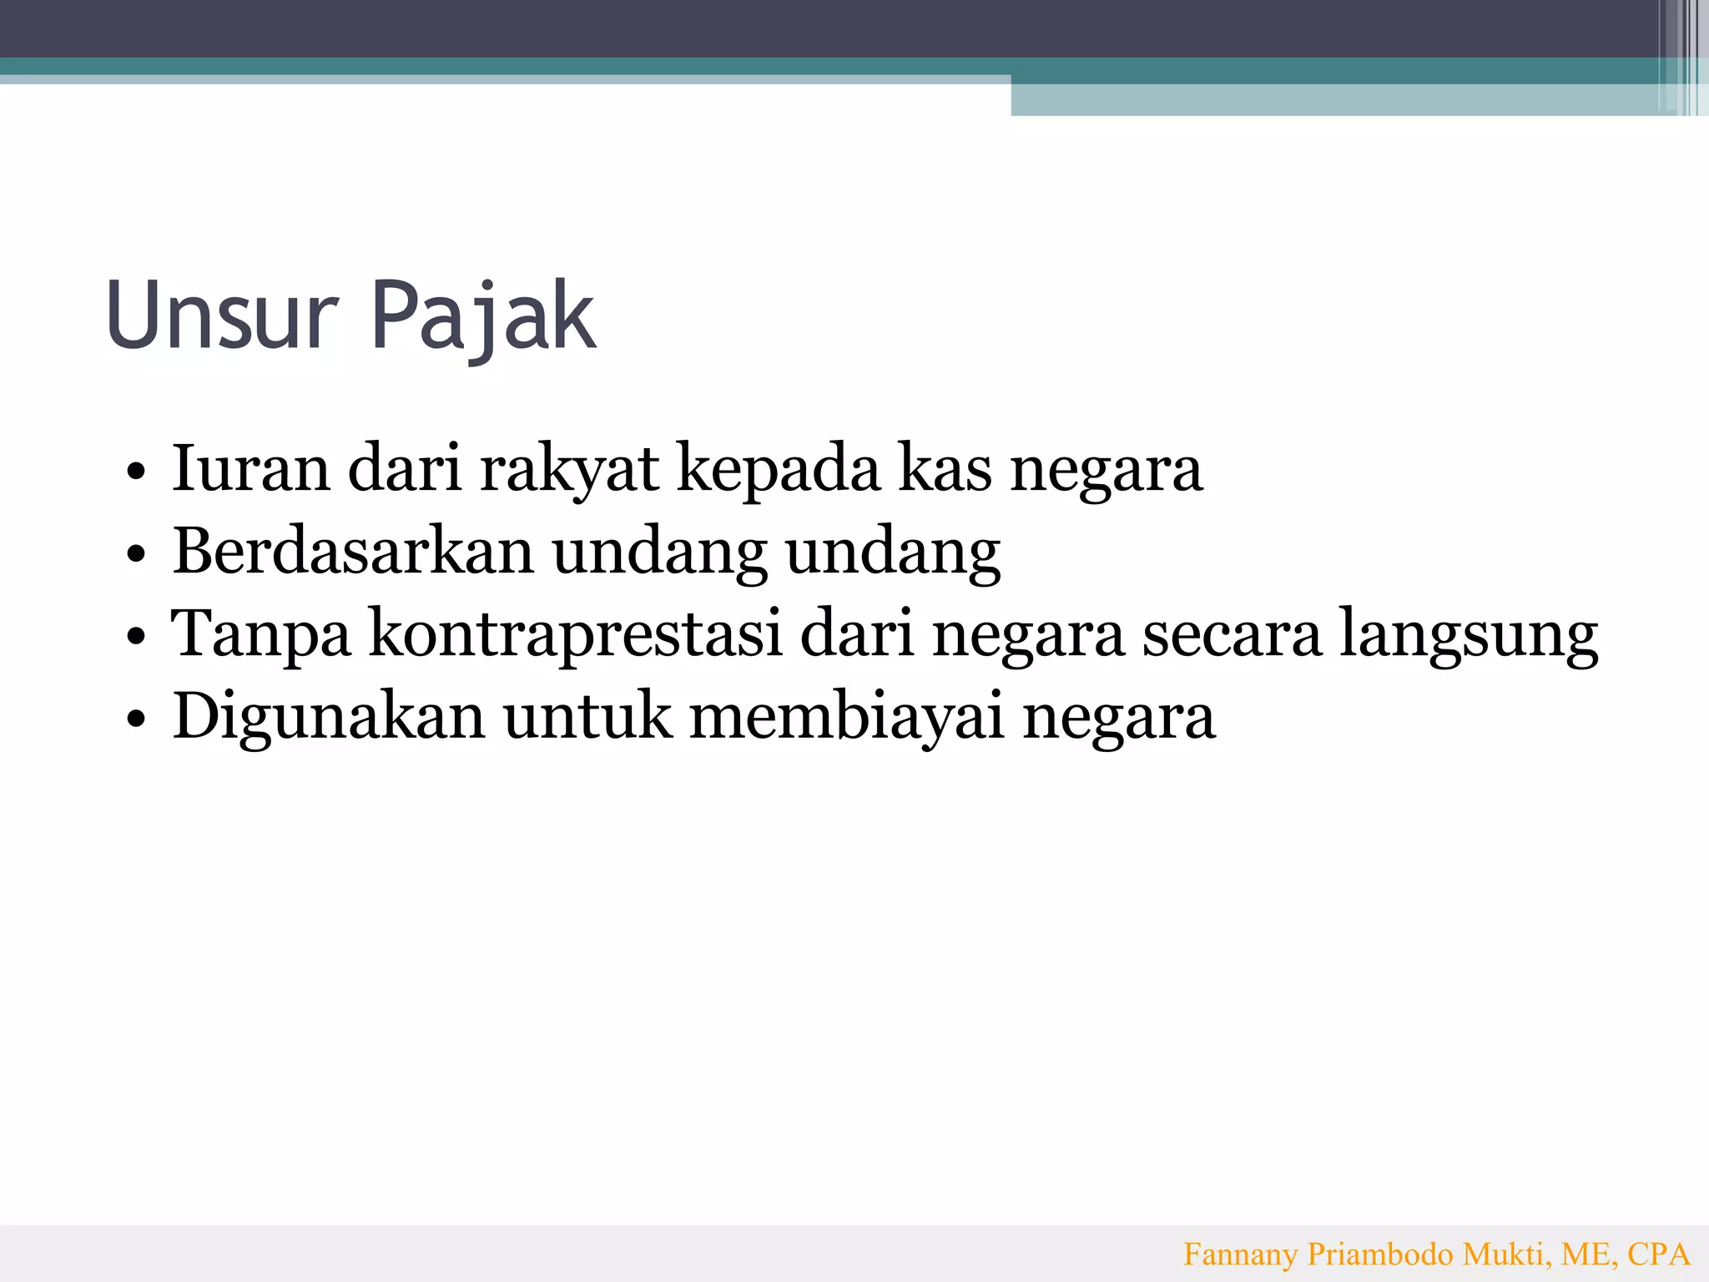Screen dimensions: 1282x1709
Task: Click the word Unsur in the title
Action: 222,315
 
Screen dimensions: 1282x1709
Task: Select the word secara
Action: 1232,634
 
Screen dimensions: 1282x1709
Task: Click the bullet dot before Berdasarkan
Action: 136,554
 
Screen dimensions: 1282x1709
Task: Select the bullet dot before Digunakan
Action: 136,719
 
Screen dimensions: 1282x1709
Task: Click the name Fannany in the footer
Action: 1241,1254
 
